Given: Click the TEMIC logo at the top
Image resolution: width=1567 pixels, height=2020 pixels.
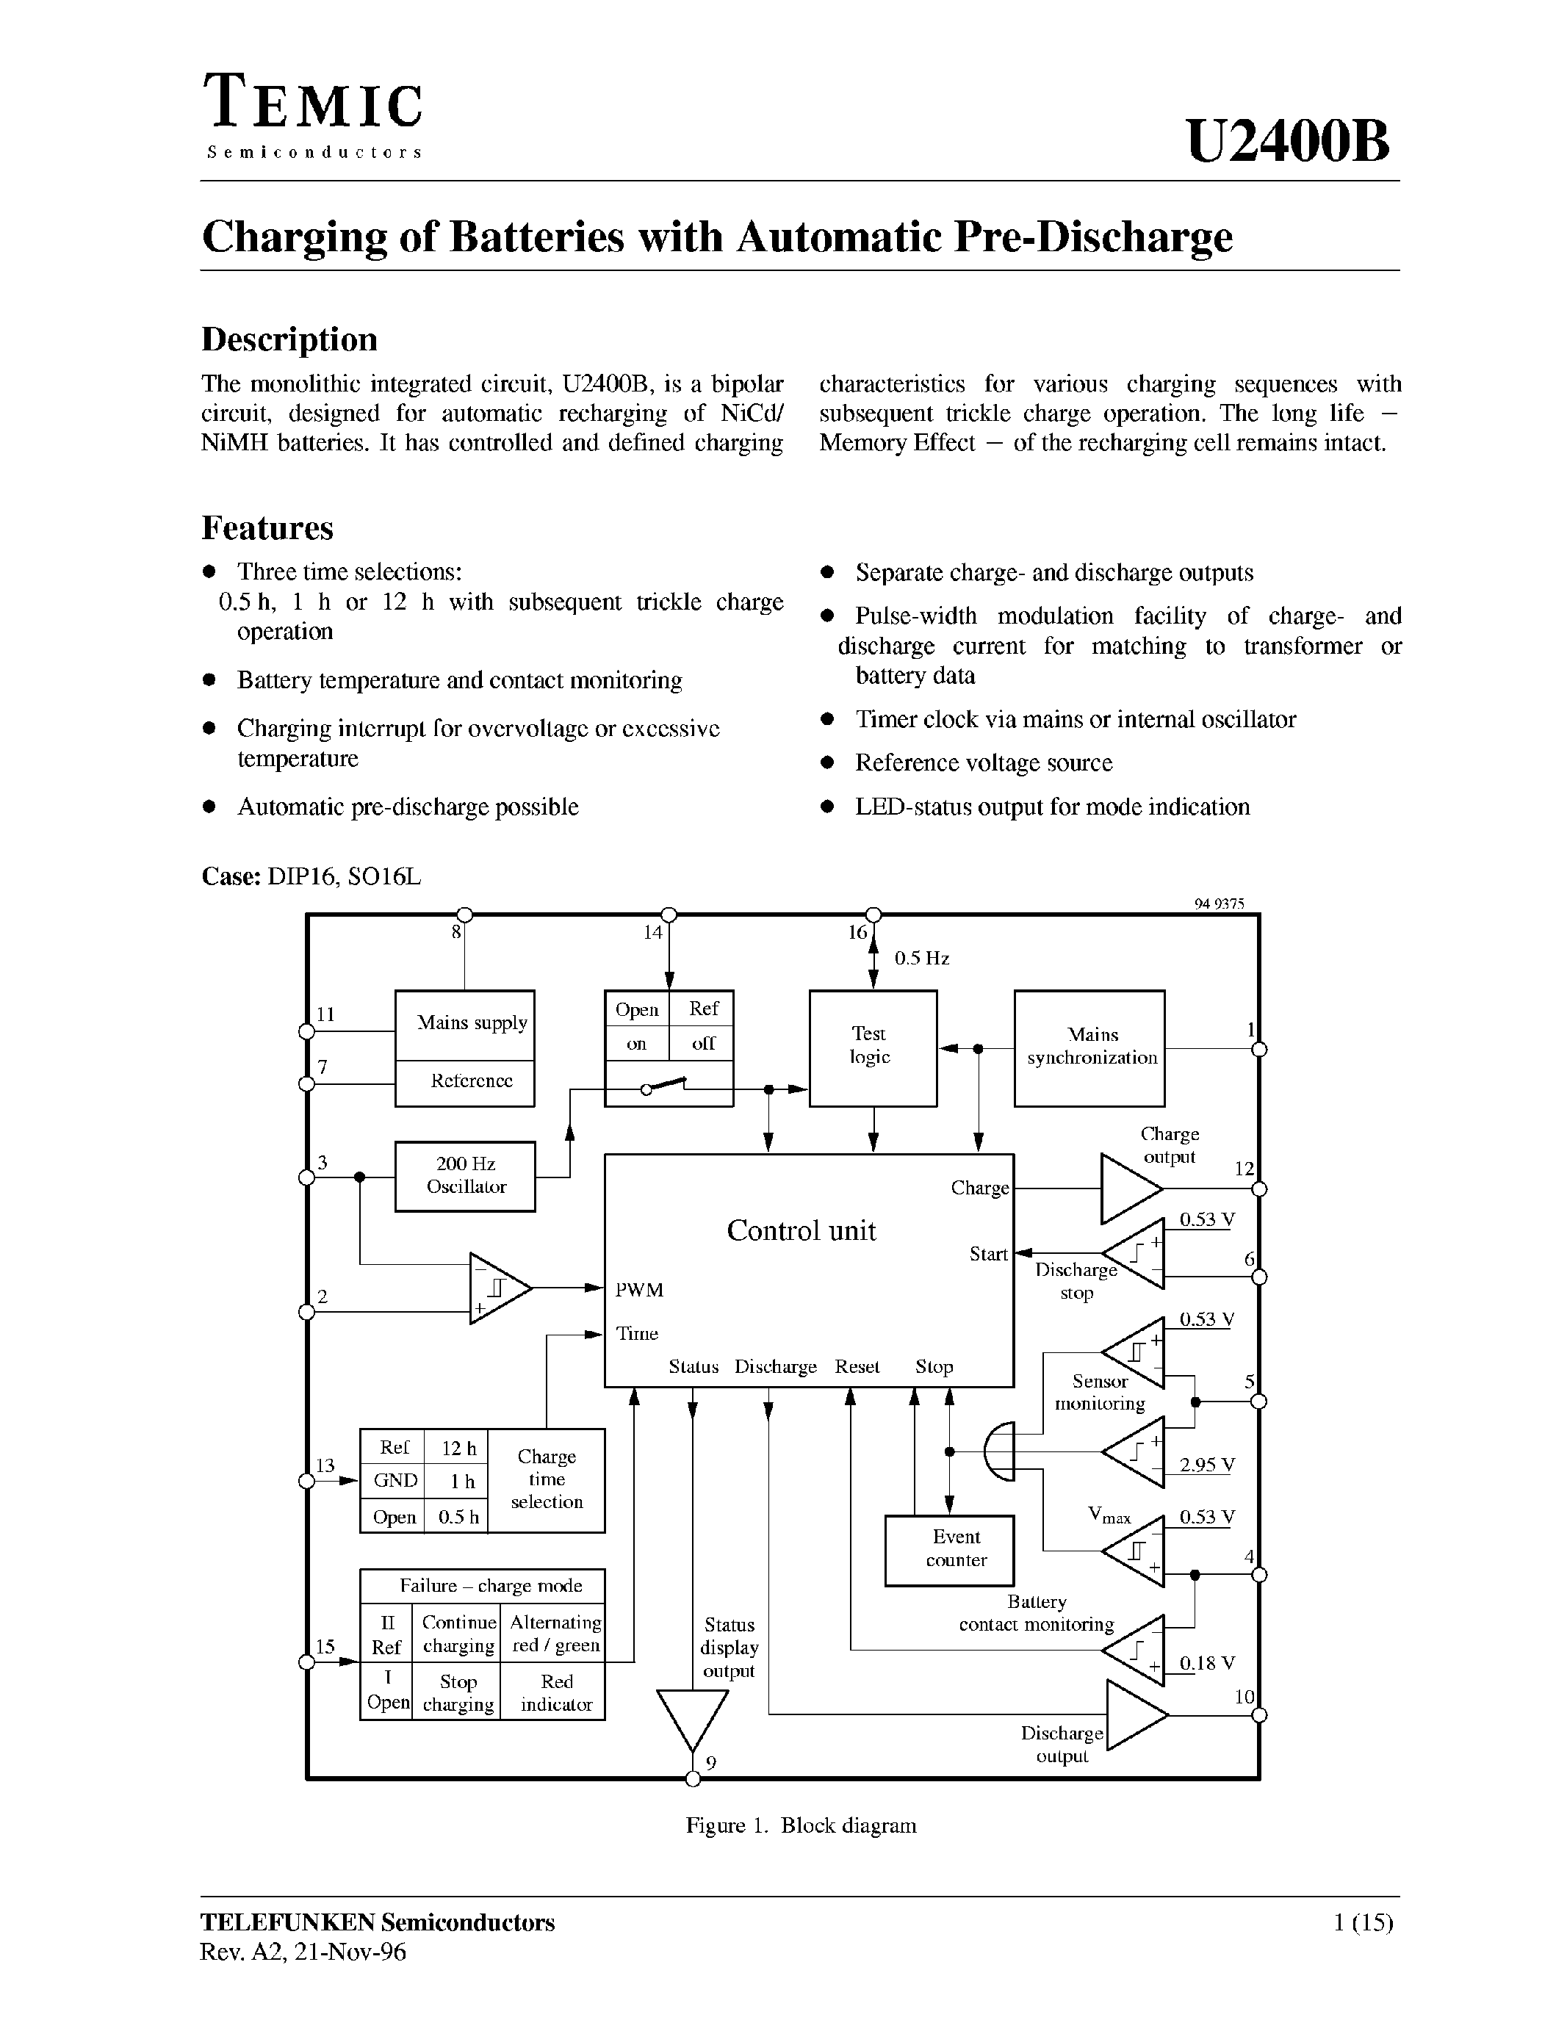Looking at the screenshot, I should click(x=313, y=104).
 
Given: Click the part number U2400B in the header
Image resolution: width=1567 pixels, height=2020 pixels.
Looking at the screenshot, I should click(x=1286, y=143).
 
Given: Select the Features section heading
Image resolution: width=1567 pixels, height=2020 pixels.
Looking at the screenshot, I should click(x=267, y=528).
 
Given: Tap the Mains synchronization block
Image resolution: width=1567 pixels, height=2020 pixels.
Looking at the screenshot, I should click(x=1089, y=1048).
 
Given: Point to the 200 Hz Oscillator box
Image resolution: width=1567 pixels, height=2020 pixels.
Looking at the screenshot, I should click(x=464, y=1175).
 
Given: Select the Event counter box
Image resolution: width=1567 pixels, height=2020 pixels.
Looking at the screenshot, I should click(x=948, y=1549).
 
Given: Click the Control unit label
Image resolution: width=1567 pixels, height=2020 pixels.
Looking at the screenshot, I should click(x=801, y=1230).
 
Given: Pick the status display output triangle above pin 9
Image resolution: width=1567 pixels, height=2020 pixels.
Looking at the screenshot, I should click(x=692, y=1717).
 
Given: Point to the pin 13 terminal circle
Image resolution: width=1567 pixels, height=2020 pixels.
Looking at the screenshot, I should click(x=306, y=1481).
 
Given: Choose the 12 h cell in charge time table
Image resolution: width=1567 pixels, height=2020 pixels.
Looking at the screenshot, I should click(x=458, y=1449).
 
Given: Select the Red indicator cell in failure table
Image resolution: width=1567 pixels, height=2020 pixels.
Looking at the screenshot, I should click(x=556, y=1692).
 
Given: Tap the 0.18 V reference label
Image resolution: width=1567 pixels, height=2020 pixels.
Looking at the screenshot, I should click(x=1206, y=1663).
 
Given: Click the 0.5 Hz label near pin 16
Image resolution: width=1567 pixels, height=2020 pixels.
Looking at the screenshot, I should click(x=921, y=958).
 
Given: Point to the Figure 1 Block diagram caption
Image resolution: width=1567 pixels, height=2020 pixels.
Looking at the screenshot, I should click(x=800, y=1825).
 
